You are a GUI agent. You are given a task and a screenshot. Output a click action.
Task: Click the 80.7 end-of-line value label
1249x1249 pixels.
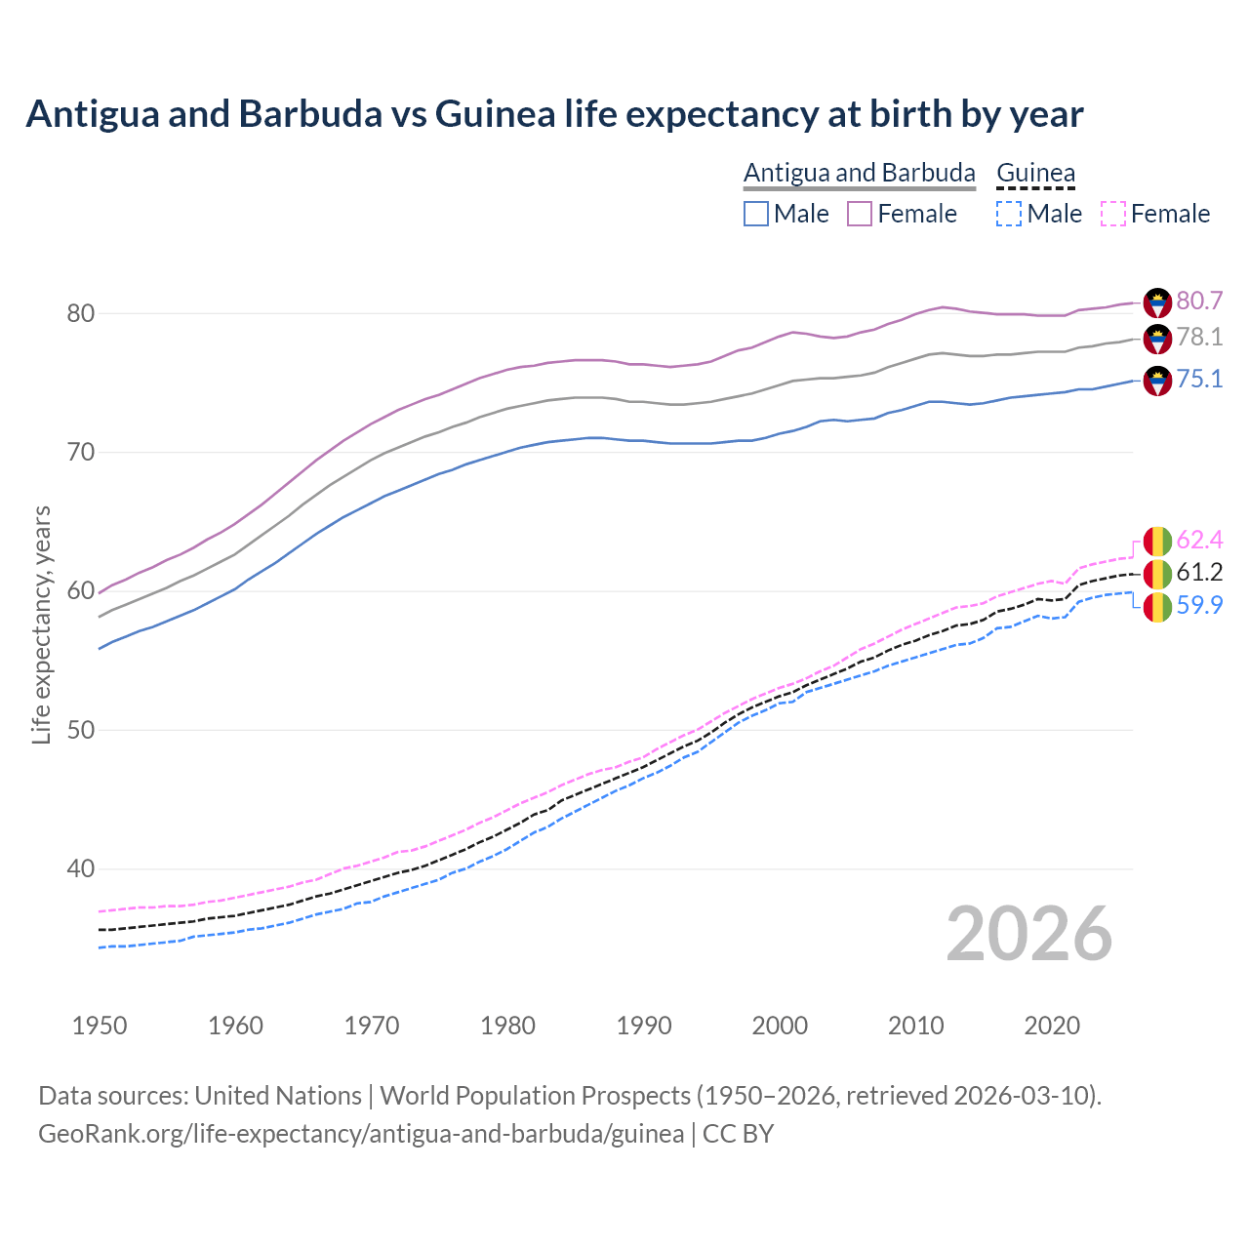point(1199,301)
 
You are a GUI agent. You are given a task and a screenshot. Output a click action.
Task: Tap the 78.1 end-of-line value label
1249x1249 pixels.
point(1199,338)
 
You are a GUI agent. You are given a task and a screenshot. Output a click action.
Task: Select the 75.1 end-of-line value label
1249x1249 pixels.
point(1199,379)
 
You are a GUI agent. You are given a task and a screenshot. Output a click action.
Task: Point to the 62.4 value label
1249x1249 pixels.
point(1199,541)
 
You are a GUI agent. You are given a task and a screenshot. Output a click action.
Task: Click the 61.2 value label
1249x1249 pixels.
point(1199,573)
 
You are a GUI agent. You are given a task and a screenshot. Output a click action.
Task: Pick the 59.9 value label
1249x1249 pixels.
point(1199,605)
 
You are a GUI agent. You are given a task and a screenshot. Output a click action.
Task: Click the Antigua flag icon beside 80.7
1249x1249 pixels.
point(1157,302)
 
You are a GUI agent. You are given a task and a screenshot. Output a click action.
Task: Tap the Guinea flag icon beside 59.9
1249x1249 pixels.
point(1157,607)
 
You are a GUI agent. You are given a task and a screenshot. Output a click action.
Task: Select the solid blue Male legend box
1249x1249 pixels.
point(756,214)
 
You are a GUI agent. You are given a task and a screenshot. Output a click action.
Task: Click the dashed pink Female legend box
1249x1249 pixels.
point(1113,214)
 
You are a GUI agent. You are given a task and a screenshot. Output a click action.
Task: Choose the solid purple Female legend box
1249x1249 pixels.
point(860,214)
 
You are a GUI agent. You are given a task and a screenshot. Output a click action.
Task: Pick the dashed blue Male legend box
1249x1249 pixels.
point(1009,214)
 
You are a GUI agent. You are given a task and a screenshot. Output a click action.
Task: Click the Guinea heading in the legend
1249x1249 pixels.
point(1035,173)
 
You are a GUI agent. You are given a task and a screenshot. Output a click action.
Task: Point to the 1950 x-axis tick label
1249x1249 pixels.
point(100,1026)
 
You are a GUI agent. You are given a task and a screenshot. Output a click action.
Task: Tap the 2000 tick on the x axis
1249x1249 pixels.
point(780,1026)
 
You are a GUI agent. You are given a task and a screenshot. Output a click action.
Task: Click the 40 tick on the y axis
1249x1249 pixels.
point(80,868)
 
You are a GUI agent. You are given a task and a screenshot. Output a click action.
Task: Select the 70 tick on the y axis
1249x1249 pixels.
point(80,452)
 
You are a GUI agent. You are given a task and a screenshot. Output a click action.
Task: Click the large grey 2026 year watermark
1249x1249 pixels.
point(1029,934)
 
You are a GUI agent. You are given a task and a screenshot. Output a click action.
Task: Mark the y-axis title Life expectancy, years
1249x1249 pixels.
point(41,624)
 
